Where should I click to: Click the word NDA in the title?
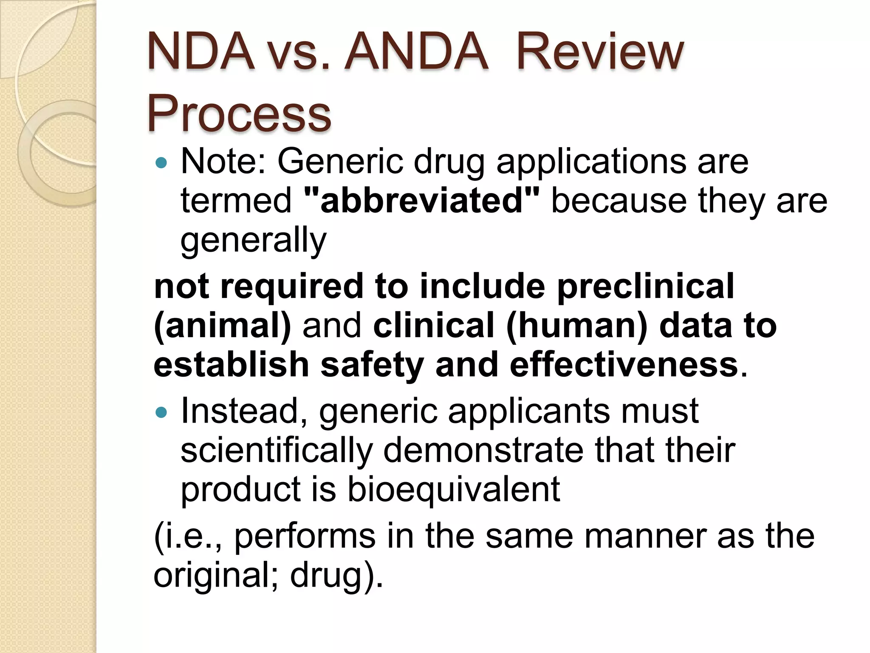coord(201,54)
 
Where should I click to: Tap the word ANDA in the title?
coord(416,54)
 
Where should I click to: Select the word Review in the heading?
coord(600,54)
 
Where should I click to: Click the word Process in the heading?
coord(239,114)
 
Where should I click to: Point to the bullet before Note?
coord(162,162)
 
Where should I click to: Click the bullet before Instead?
coord(162,412)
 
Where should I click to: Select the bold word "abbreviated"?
coord(422,201)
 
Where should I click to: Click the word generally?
coord(253,240)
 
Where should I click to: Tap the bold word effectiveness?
coord(624,365)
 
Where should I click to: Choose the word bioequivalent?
coord(454,489)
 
